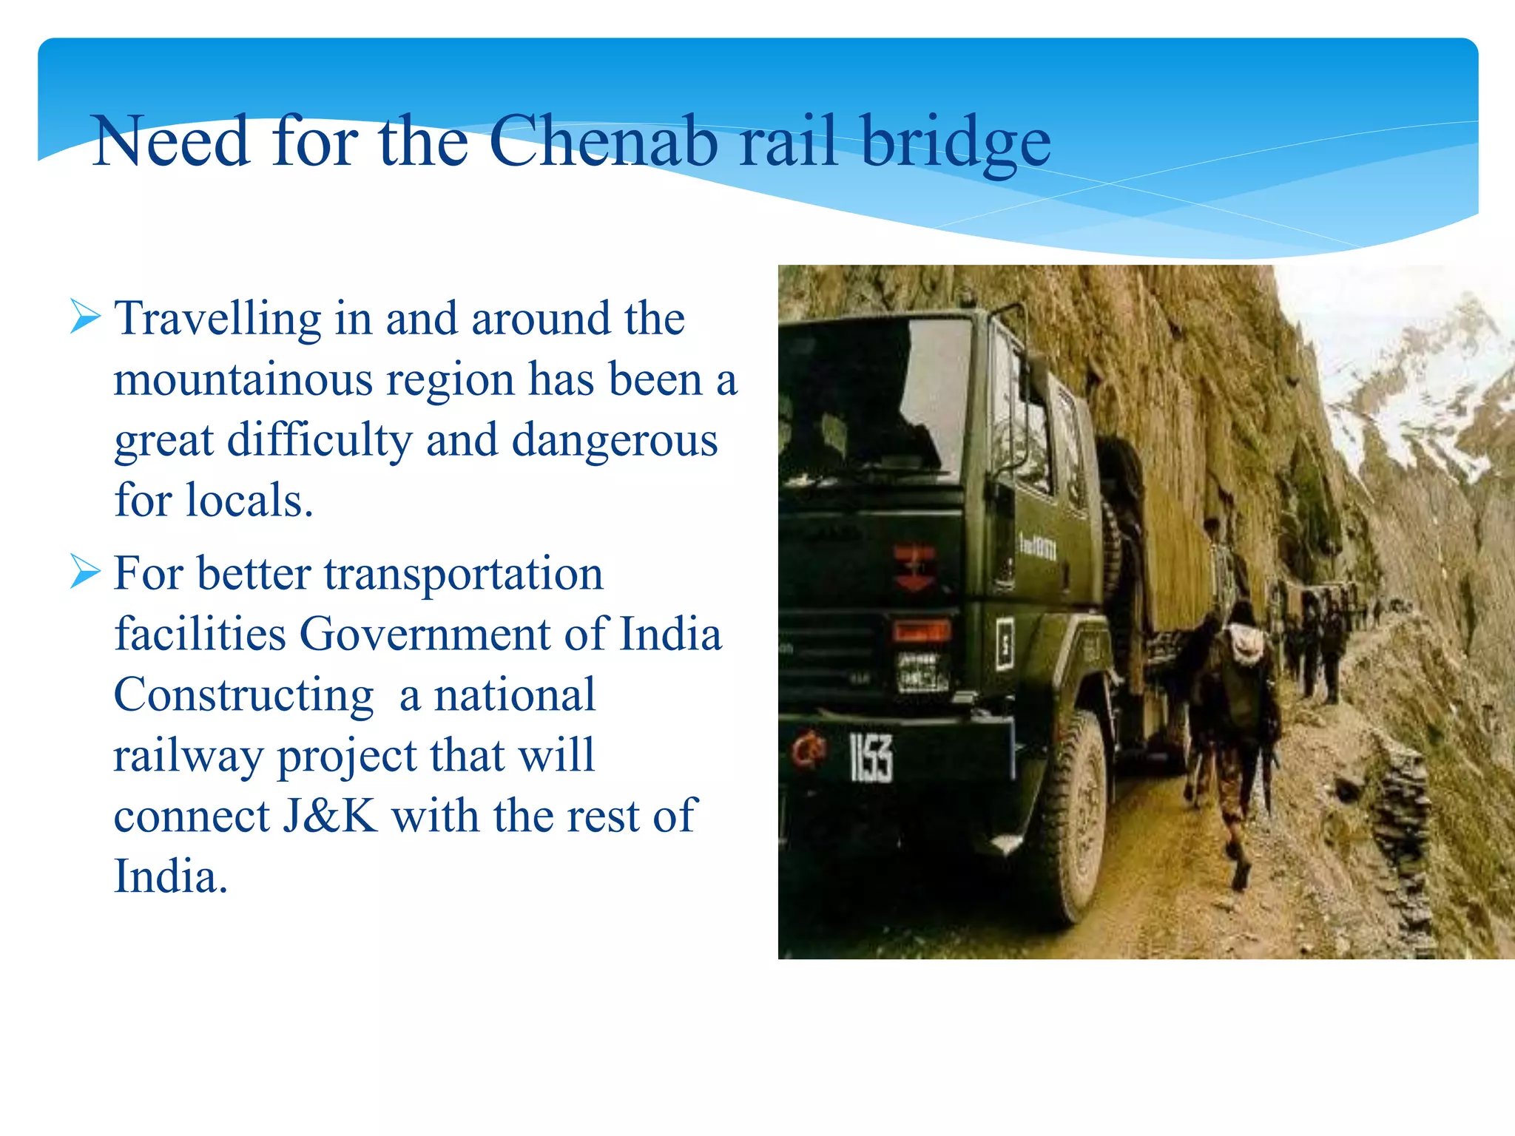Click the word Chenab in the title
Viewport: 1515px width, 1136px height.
coord(603,141)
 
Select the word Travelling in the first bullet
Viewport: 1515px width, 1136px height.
coord(217,319)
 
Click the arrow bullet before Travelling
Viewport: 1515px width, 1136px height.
coord(85,317)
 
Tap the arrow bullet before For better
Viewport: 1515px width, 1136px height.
coord(85,572)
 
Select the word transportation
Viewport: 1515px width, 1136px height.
coord(464,574)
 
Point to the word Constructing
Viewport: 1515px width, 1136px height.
coord(243,695)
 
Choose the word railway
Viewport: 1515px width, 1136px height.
coord(188,756)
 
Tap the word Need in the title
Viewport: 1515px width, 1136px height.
coord(171,141)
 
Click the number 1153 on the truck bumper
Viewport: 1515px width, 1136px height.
coord(871,757)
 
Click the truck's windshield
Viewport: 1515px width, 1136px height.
coord(873,399)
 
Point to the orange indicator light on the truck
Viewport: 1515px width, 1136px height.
coord(921,631)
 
